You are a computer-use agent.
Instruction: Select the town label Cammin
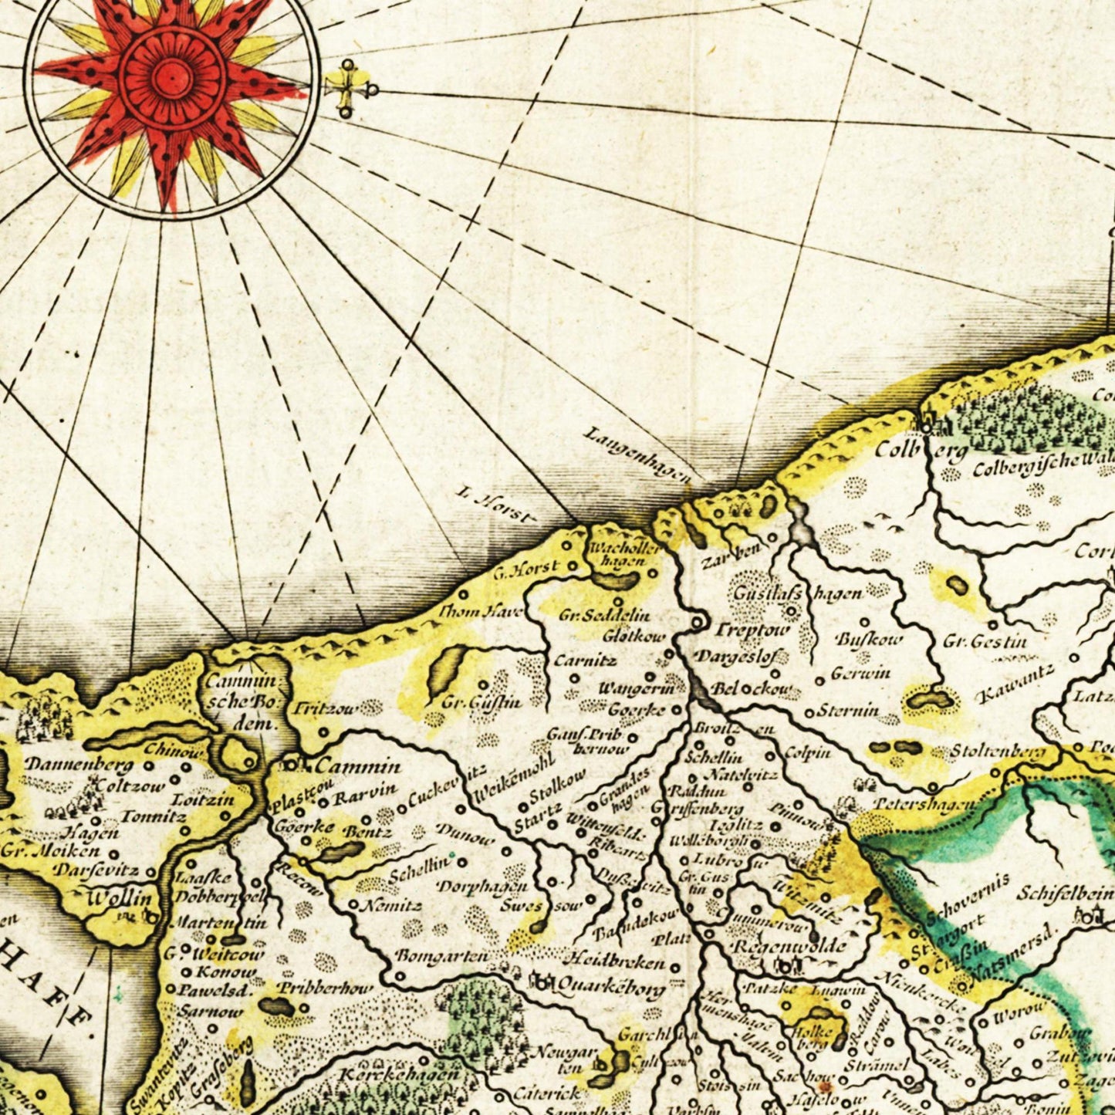coord(358,766)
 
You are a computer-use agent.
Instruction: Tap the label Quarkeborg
coord(610,985)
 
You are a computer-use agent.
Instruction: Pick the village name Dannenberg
coord(79,765)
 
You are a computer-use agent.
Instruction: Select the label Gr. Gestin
coord(985,641)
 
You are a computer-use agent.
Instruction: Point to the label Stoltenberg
coord(998,752)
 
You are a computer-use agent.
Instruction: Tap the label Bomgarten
coord(441,955)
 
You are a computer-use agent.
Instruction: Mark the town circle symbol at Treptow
coord(698,622)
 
